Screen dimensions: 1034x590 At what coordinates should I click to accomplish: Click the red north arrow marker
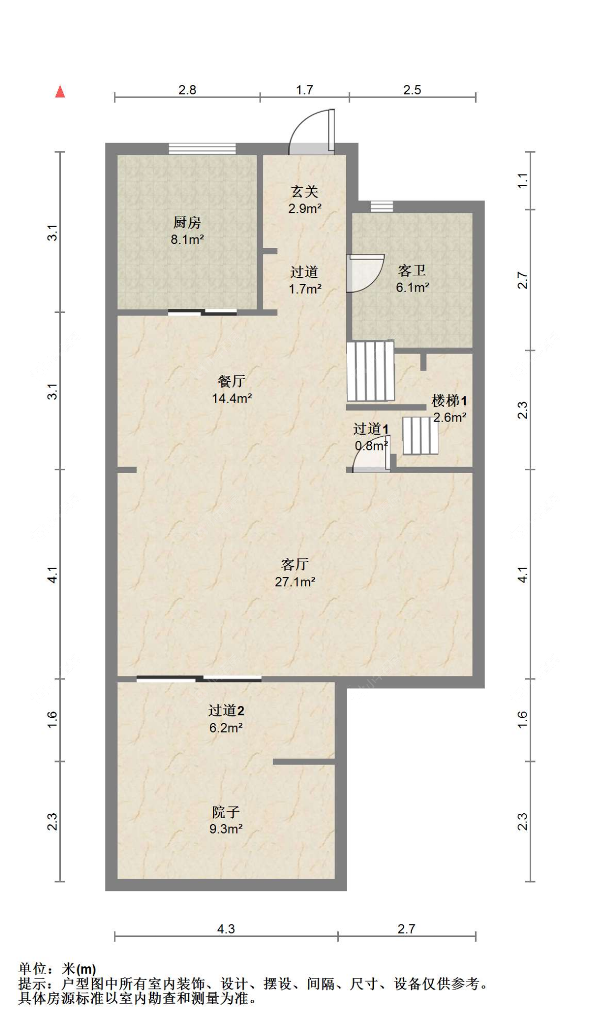pos(60,92)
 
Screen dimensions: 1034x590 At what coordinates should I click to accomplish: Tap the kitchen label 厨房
pos(187,223)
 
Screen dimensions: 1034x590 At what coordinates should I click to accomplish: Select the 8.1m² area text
pos(187,240)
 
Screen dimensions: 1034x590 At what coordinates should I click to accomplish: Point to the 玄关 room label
pos(305,192)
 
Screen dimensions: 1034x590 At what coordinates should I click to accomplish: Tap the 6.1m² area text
pos(413,287)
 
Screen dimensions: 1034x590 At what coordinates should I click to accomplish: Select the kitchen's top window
pos(202,149)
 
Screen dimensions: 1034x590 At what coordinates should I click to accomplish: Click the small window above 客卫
pos(382,206)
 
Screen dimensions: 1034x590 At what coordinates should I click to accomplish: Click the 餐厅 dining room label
pos(231,381)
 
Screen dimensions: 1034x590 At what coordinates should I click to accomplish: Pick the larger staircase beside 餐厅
pos(370,371)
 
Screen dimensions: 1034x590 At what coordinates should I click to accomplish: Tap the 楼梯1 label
pos(449,401)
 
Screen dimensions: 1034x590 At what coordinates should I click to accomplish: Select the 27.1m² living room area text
pos(295,581)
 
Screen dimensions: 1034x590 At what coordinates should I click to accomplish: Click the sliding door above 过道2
pos(199,679)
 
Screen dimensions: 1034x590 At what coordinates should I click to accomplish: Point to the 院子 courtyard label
pos(226,812)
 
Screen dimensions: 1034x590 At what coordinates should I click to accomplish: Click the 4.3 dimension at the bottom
pos(226,929)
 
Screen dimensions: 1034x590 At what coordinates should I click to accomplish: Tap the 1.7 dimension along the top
pos(305,90)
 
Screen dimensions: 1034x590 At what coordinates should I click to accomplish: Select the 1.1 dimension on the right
pos(523,181)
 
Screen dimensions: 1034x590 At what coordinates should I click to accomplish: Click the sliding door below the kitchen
pos(202,313)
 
